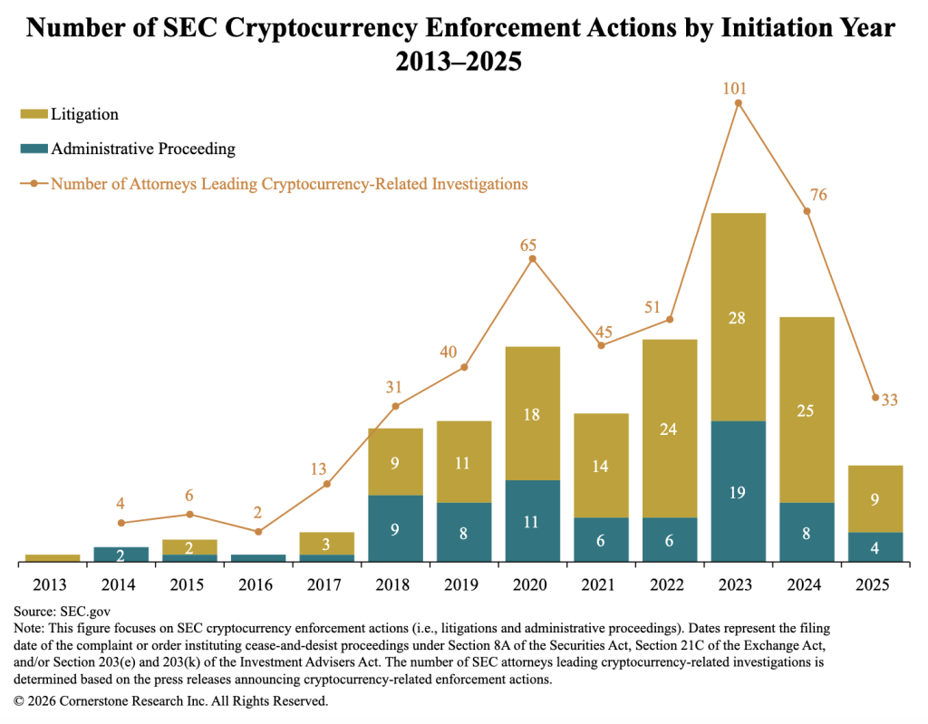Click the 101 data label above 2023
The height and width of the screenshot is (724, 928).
pos(739,88)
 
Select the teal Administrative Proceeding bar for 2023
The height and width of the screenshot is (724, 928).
pos(739,491)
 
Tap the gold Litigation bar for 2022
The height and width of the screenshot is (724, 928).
pos(670,428)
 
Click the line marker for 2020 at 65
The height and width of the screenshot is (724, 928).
pos(532,259)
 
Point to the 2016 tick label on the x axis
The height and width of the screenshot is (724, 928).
pos(257,584)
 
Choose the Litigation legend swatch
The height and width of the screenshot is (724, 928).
pos(33,115)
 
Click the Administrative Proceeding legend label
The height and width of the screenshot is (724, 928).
pos(143,149)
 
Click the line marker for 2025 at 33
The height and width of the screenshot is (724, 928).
pos(875,397)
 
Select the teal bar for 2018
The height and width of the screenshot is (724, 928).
pos(395,528)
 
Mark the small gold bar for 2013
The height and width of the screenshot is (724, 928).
pos(53,558)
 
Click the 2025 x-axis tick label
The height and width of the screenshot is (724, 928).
pos(875,584)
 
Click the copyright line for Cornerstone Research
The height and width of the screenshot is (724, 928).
pos(170,700)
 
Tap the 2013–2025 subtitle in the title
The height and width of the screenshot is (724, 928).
pos(459,63)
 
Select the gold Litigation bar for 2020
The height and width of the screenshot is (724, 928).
pos(532,413)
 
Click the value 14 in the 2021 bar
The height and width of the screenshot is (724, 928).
pos(601,466)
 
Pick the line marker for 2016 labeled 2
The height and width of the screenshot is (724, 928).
pos(258,532)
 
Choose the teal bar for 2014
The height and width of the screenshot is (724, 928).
pos(121,555)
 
